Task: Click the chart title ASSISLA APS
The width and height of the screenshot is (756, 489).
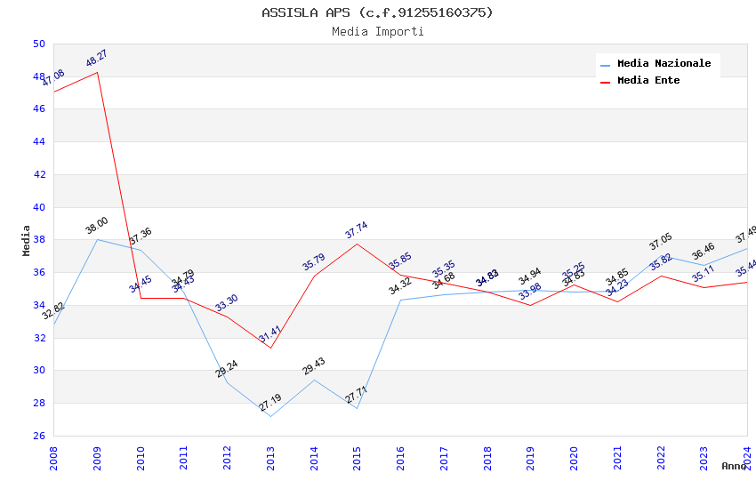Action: (377, 12)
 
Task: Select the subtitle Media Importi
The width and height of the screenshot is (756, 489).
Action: (377, 32)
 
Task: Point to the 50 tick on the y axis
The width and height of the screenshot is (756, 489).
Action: (38, 44)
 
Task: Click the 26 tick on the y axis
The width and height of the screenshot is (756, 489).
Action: (38, 436)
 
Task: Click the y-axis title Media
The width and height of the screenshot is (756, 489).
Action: (27, 240)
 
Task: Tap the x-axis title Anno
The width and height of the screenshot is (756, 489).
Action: (734, 466)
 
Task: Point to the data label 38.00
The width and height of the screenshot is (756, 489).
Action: (96, 223)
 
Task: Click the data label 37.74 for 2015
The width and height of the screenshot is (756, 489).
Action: (356, 230)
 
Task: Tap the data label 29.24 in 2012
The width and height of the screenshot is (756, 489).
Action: (227, 369)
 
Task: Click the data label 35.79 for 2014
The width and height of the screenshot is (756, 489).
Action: (313, 262)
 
